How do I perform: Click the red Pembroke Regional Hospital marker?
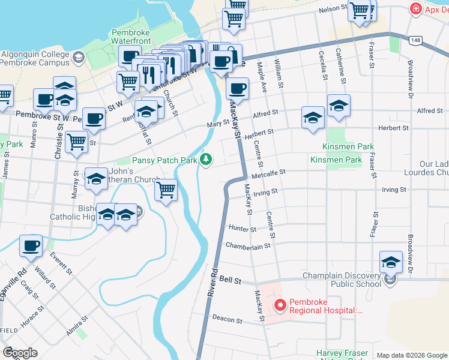click(x=280, y=306)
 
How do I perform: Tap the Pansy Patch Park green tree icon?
click(x=206, y=159)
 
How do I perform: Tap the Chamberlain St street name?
click(x=249, y=245)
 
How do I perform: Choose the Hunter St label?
click(x=243, y=229)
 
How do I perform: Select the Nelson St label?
click(x=333, y=10)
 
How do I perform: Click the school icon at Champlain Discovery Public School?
click(x=391, y=262)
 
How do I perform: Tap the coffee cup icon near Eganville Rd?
click(x=31, y=245)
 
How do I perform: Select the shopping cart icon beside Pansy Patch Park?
click(x=166, y=190)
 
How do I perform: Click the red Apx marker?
click(x=414, y=9)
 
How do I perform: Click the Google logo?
click(x=20, y=353)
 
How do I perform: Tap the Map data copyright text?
click(x=411, y=355)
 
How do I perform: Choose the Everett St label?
click(x=61, y=263)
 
